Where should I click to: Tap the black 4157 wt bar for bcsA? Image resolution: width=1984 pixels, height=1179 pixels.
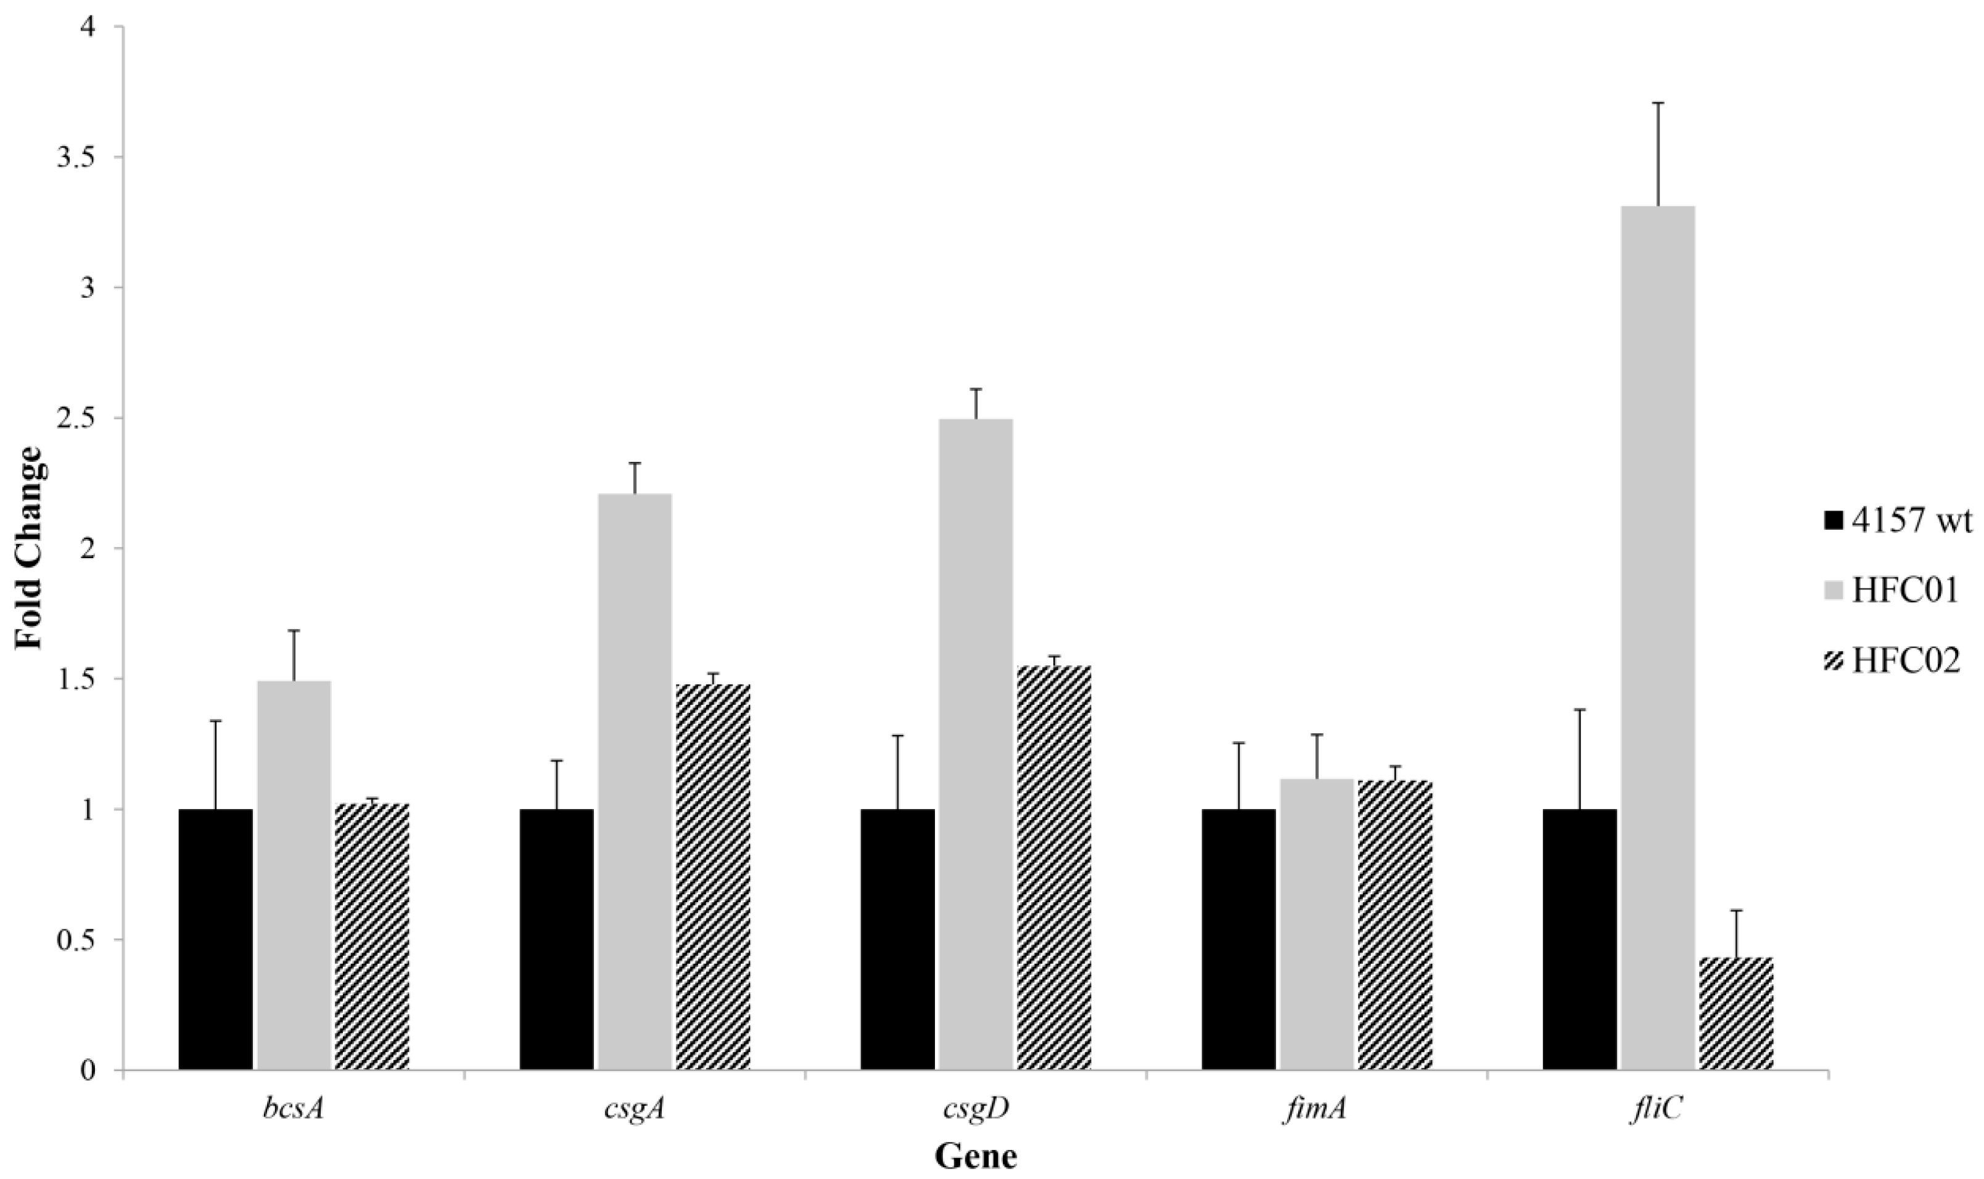(x=215, y=939)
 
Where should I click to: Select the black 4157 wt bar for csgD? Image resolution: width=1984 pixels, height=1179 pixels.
(x=897, y=939)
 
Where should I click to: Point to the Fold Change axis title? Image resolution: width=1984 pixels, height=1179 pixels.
(x=30, y=548)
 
